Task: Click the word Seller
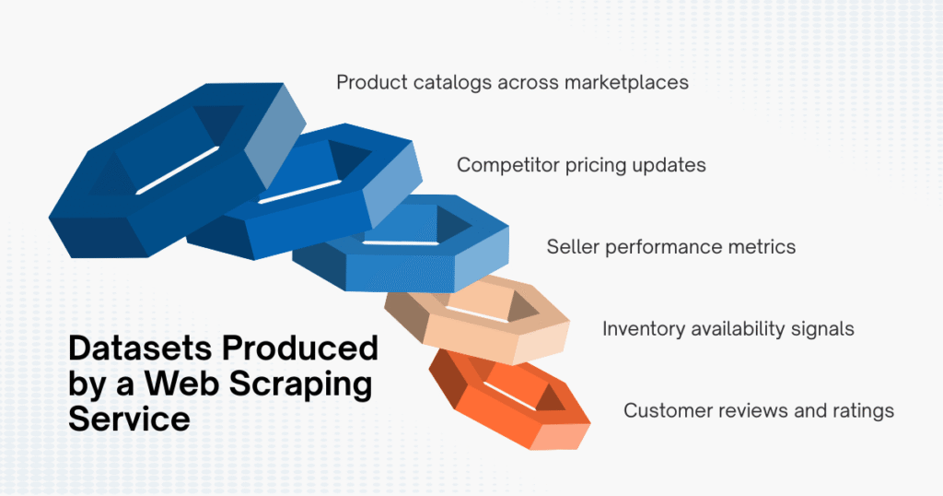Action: pos(574,247)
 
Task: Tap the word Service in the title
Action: pos(129,419)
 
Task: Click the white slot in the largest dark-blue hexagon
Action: pos(178,171)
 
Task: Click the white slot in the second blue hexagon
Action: pos(300,189)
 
